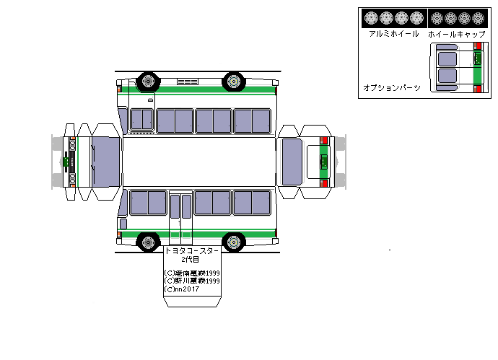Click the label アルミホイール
coord(393,34)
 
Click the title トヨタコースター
coord(192,250)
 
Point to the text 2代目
coord(191,259)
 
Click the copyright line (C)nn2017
coord(183,289)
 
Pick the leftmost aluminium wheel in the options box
coord(371,18)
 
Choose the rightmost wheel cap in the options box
coord(478,18)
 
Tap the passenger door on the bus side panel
coord(180,215)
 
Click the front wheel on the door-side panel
coord(149,242)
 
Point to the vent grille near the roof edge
coord(188,82)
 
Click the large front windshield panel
coord(106,160)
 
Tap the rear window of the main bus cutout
coord(292,160)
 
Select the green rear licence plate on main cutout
coord(324,160)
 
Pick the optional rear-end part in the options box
coord(457,68)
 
